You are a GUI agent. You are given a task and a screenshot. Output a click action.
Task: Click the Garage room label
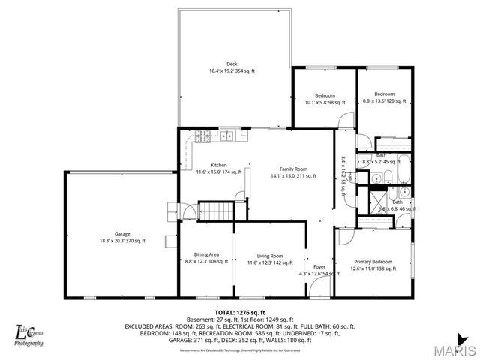click(x=121, y=237)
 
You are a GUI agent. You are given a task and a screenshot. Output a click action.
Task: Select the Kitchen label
click(x=218, y=169)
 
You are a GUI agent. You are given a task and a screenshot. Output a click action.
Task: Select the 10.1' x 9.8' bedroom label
click(x=324, y=98)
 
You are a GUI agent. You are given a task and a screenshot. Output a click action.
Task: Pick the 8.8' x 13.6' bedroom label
click(x=384, y=97)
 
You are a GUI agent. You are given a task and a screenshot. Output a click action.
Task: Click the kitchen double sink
click(x=225, y=136)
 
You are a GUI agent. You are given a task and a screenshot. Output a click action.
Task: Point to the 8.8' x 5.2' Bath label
click(x=381, y=159)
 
